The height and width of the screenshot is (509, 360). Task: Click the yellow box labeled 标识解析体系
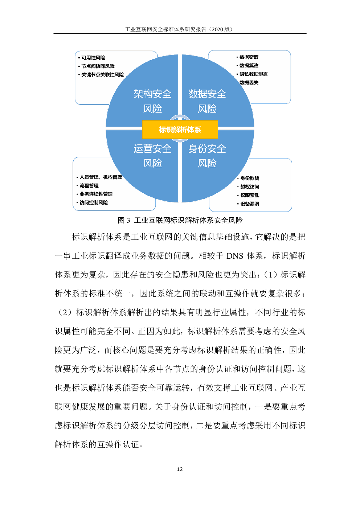click(180, 130)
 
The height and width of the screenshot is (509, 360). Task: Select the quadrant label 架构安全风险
click(152, 101)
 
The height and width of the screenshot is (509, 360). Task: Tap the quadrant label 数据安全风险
click(207, 101)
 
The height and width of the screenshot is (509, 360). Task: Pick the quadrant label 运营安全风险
click(152, 156)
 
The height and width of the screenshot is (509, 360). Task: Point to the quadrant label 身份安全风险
click(207, 156)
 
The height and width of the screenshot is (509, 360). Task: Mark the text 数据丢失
click(249, 82)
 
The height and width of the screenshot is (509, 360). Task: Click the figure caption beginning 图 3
click(180, 220)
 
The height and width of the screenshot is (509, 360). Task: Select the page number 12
click(180, 469)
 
